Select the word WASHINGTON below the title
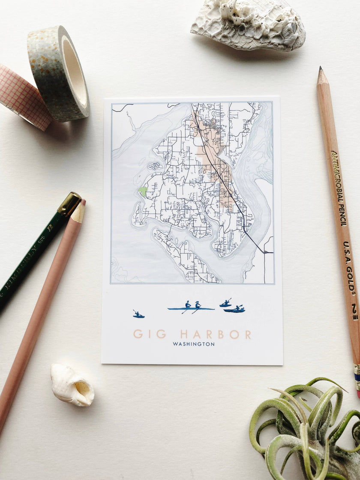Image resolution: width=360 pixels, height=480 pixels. coord(194,344)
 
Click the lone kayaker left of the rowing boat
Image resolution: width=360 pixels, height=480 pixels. coord(138,315)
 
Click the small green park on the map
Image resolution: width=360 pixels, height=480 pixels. coord(143,191)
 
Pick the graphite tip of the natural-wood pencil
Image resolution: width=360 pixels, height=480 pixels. coord(320,69)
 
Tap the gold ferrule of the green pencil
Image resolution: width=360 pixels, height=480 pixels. coord(69,204)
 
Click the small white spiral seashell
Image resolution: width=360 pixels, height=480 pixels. coord(72,384)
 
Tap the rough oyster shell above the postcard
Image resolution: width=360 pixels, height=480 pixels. coord(248,24)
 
